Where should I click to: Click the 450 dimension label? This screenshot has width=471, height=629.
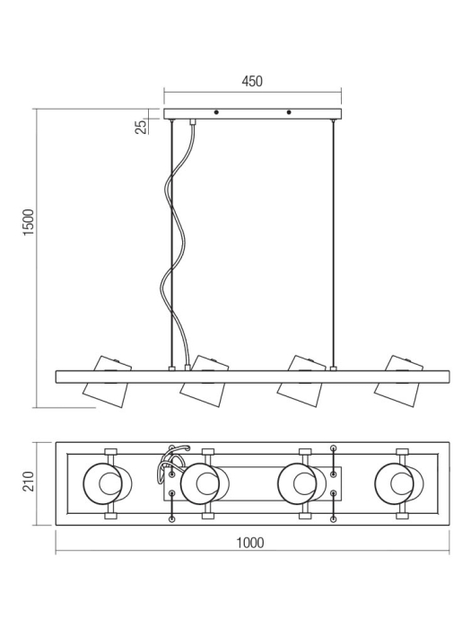[252, 81]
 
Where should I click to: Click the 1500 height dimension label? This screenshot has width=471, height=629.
[28, 222]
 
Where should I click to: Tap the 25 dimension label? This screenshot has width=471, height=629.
[141, 125]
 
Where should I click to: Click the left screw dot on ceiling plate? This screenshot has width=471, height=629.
[216, 113]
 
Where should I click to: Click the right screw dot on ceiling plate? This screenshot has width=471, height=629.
[288, 113]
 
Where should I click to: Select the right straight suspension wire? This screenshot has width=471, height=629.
[333, 243]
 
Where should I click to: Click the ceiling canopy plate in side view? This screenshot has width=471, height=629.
[252, 114]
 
